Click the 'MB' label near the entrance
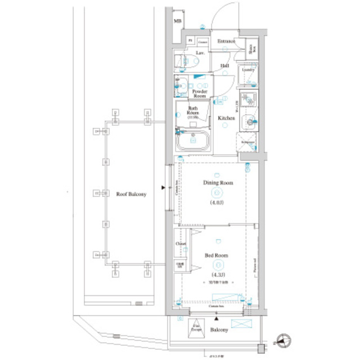[178, 21]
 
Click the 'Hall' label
[224, 66]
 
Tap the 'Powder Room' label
[200, 93]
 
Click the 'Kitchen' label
[226, 118]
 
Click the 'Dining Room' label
[217, 183]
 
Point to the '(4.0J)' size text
[217, 202]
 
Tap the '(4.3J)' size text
[217, 274]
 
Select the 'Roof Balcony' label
[131, 194]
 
